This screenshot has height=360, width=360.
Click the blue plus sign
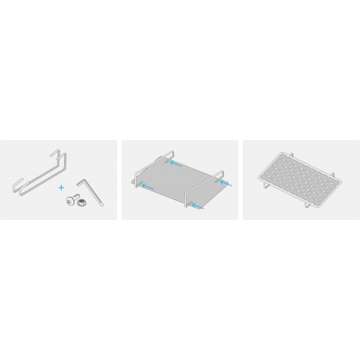coord(61,188)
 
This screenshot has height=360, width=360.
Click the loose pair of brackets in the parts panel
coord(40,170)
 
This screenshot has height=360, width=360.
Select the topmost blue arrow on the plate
coord(176,165)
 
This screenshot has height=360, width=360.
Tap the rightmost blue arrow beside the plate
coord(227,184)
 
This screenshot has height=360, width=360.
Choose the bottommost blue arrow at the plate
coord(197,206)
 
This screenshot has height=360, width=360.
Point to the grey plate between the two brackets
coord(180,180)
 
